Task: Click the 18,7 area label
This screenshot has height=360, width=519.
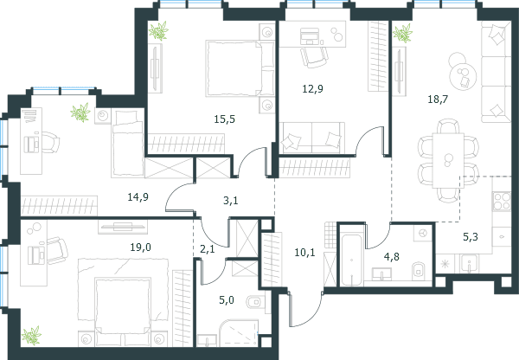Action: [438, 99]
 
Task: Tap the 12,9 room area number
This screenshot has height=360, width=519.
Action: [313, 89]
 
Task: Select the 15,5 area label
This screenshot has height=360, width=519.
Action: [224, 119]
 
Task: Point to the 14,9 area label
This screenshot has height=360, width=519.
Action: [138, 197]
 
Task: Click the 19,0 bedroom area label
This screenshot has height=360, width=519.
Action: [141, 247]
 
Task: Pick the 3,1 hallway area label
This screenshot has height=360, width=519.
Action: [231, 201]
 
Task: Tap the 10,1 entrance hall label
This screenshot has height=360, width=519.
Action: [304, 253]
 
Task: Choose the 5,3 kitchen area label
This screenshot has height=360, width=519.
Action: [471, 237]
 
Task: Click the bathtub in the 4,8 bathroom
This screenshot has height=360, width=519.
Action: [351, 260]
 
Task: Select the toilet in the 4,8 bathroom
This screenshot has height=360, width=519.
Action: [418, 270]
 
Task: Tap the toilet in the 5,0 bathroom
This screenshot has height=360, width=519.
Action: [254, 302]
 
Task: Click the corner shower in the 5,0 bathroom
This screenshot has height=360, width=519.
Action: [239, 333]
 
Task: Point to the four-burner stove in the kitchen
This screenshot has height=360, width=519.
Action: [502, 202]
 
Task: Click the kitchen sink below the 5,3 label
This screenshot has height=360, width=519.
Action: [469, 264]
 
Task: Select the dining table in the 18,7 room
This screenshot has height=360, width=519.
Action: [448, 161]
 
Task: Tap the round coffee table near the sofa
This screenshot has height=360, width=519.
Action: [462, 75]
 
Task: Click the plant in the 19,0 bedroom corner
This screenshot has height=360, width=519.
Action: [31, 335]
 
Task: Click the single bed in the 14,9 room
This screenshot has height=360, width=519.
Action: [128, 143]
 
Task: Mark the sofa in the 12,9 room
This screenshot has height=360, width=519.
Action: [311, 138]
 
